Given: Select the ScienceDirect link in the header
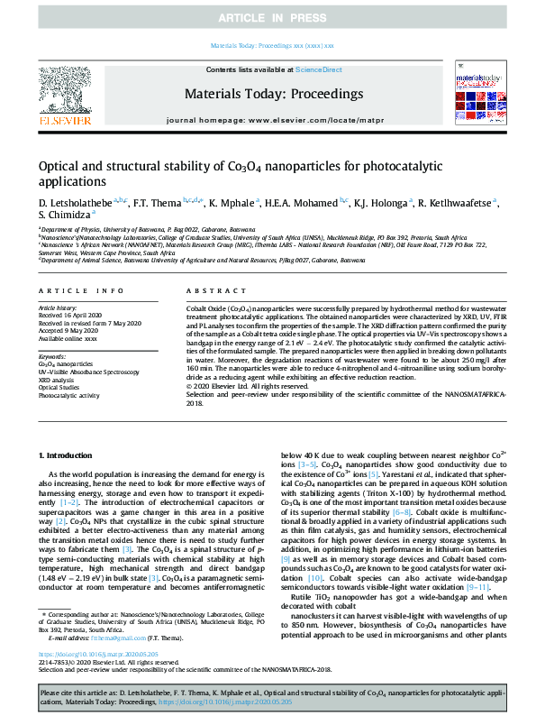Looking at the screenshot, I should (x=315, y=69).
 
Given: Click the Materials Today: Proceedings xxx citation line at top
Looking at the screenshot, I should (x=271, y=44).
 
